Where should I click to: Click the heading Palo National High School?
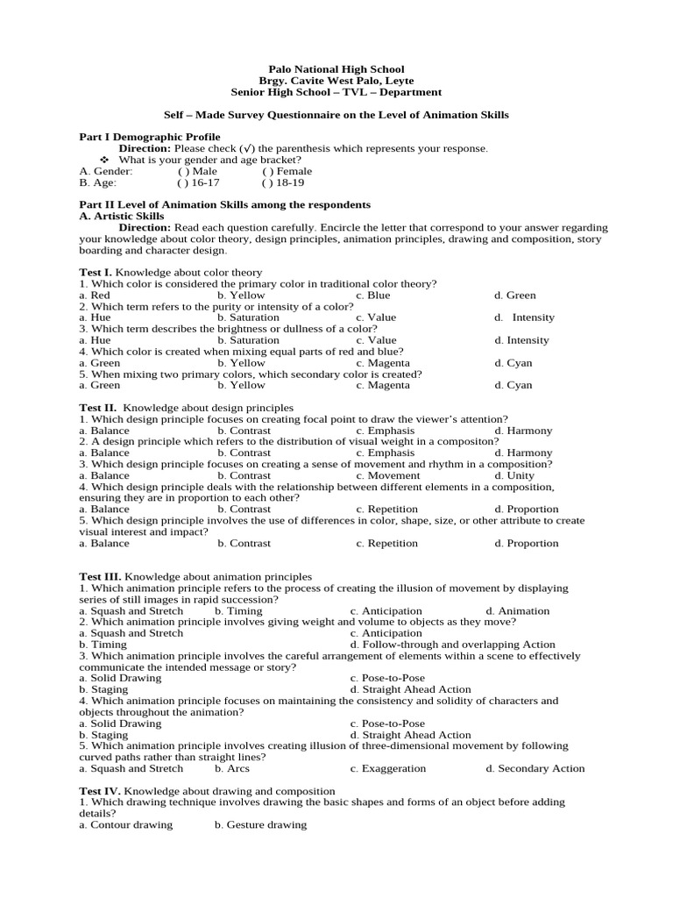coord(336,69)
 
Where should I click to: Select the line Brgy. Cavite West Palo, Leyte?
coord(336,81)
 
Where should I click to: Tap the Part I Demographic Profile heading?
coord(150,138)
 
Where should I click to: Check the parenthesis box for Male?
coord(181,172)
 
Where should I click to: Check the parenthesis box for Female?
coord(265,172)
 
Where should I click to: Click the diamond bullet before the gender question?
coord(104,160)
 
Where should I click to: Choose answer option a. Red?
coord(95,296)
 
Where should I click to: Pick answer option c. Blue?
coord(373,296)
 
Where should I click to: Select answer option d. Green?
coord(514,296)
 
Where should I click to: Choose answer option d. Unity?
coord(514,475)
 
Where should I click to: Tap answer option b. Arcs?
coord(232,768)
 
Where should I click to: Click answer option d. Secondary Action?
coord(535,768)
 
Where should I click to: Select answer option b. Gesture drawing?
coord(260,824)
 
